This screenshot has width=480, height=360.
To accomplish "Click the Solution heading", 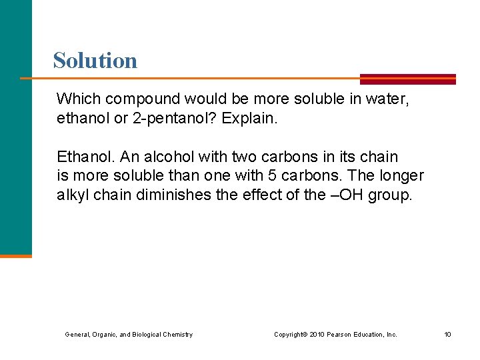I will [x=95, y=61].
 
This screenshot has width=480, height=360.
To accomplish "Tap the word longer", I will [x=398, y=177].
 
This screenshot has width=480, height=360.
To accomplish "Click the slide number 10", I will [x=447, y=334].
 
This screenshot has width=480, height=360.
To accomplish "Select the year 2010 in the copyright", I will [x=317, y=334].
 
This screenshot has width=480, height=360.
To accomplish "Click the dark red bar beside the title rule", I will [x=407, y=79].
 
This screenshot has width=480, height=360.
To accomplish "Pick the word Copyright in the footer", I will [x=290, y=334].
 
